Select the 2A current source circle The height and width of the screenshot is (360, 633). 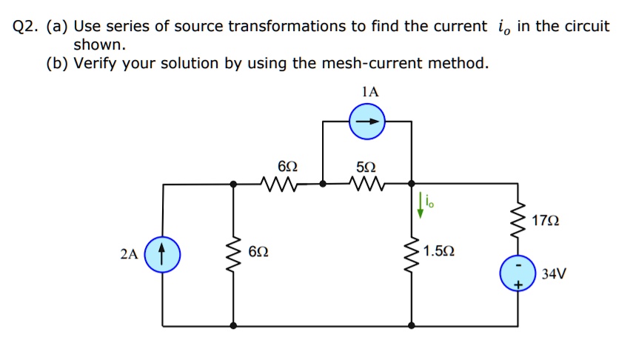click(x=163, y=254)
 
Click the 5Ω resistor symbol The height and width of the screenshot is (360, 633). click(x=368, y=182)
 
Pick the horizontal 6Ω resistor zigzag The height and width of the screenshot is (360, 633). click(x=279, y=182)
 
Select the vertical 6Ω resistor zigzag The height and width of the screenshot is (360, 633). click(x=235, y=254)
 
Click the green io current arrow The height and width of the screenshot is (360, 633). click(x=421, y=206)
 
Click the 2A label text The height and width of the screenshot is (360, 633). click(x=129, y=255)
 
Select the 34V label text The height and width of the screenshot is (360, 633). click(x=554, y=275)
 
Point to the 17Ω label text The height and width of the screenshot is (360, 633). click(x=546, y=221)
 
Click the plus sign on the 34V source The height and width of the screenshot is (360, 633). click(x=518, y=284)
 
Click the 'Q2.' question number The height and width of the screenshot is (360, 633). click(x=27, y=27)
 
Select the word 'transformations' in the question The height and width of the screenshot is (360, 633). click(x=287, y=27)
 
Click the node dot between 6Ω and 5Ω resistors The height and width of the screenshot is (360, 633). click(x=323, y=182)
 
